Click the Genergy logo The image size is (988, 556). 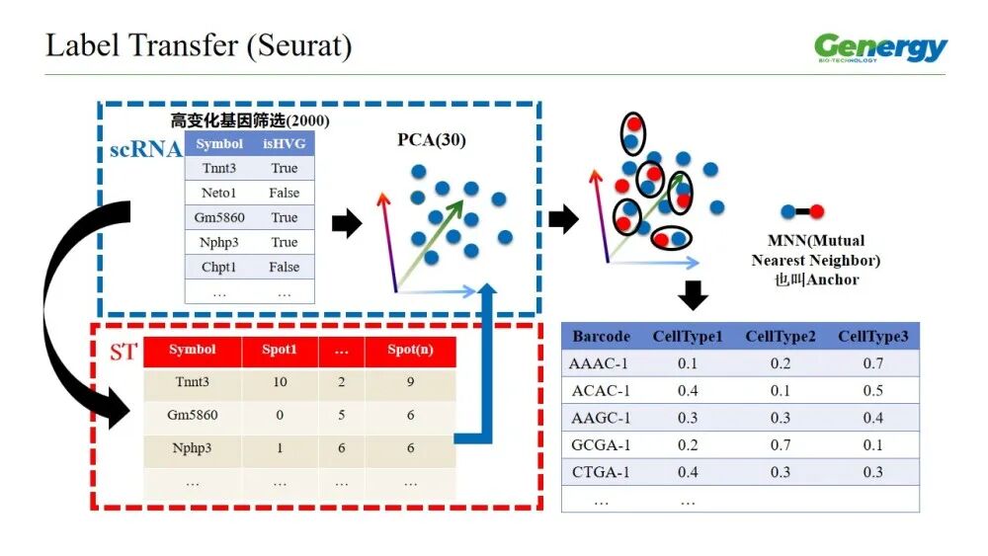[x=880, y=47]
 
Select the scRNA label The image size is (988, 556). [x=145, y=149]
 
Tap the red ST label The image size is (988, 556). [x=123, y=352]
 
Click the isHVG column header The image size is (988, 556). [x=284, y=144]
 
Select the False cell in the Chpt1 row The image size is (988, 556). [x=284, y=267]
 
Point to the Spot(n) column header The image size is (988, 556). [x=410, y=350]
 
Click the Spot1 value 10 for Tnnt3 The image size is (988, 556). [x=280, y=382]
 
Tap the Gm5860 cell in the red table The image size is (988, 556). [x=192, y=415]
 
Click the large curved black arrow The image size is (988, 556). [x=69, y=306]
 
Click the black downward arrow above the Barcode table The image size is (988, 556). [x=694, y=294]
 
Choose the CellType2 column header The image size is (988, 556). [x=781, y=337]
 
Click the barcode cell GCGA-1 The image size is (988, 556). [x=600, y=444]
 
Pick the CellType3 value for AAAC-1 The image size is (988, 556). [x=873, y=363]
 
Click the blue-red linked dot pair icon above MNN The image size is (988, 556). [x=801, y=211]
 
